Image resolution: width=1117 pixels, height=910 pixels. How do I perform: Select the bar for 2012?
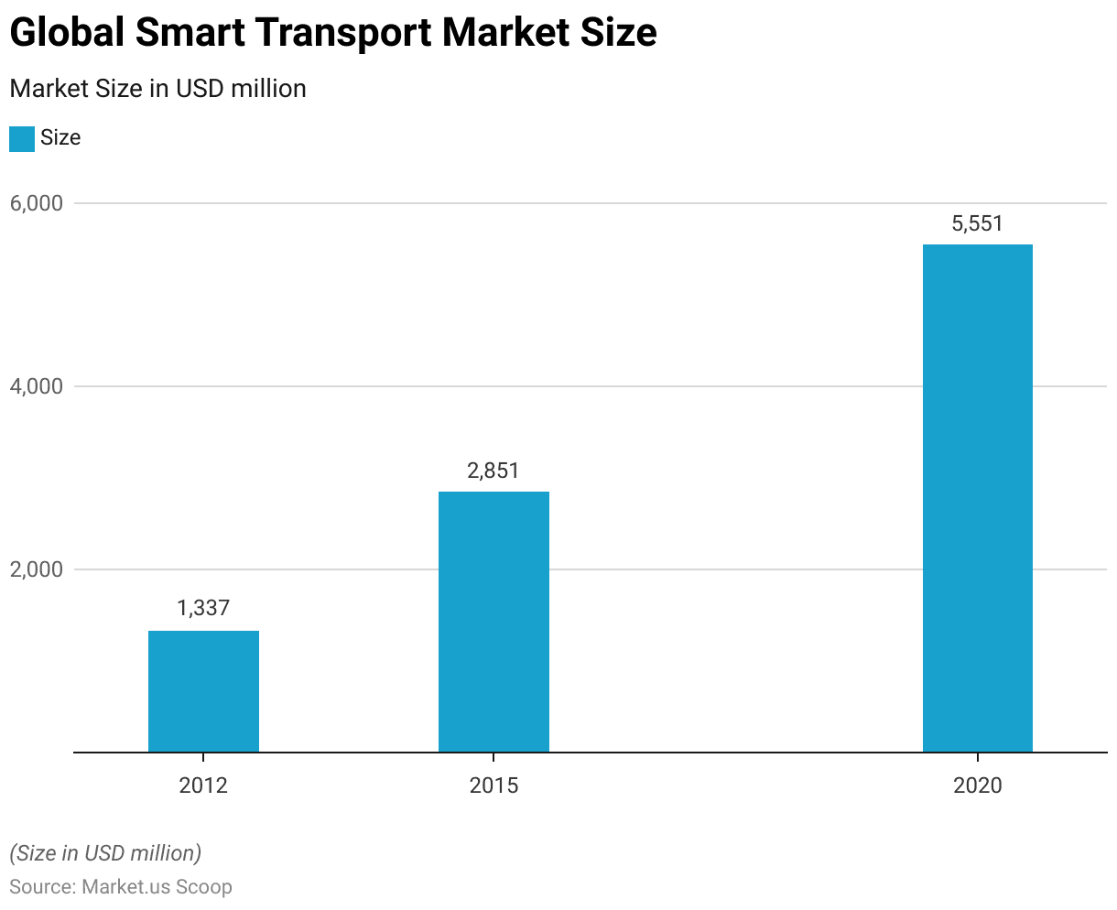(203, 691)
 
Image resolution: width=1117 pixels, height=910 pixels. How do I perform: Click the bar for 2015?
(493, 622)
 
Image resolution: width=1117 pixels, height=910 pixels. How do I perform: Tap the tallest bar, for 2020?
(977, 498)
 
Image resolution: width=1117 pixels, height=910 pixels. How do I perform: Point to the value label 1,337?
(203, 608)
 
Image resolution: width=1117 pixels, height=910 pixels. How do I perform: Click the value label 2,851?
(493, 471)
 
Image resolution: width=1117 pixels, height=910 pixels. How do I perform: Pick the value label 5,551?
(977, 223)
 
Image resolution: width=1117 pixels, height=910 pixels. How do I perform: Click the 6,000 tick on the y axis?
(38, 203)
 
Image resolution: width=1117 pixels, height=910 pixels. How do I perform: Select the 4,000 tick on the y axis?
(38, 386)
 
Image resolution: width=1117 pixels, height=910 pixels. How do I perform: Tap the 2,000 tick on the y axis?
(38, 569)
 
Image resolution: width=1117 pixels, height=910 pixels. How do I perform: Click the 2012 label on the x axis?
(203, 785)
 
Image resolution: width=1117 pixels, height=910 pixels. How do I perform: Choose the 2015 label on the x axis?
(493, 785)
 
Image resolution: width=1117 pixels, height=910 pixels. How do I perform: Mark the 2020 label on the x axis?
(977, 785)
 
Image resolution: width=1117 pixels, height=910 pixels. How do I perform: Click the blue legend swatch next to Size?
(21, 139)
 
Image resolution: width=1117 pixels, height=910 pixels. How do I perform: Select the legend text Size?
(60, 138)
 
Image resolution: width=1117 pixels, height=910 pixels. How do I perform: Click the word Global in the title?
(67, 33)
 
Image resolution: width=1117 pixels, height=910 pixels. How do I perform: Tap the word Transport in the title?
(342, 33)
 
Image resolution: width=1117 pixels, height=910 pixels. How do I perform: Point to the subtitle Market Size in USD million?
(157, 89)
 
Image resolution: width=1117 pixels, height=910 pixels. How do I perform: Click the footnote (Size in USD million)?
(105, 853)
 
